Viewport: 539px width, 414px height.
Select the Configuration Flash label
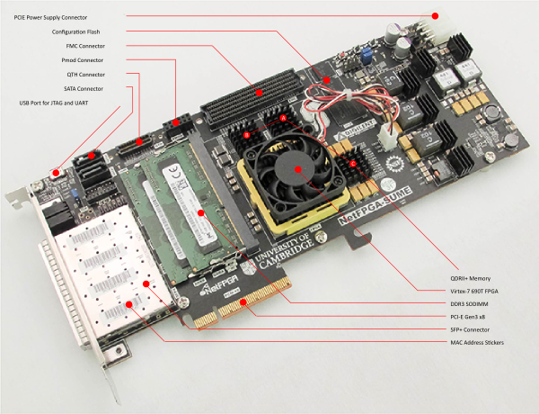(x=78, y=31)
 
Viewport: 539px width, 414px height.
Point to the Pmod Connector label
(x=83, y=60)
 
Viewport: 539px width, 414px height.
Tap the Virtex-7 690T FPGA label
(x=456, y=291)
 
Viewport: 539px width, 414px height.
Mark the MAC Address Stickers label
(x=458, y=344)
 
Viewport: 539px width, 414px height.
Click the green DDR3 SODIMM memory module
(x=180, y=216)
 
